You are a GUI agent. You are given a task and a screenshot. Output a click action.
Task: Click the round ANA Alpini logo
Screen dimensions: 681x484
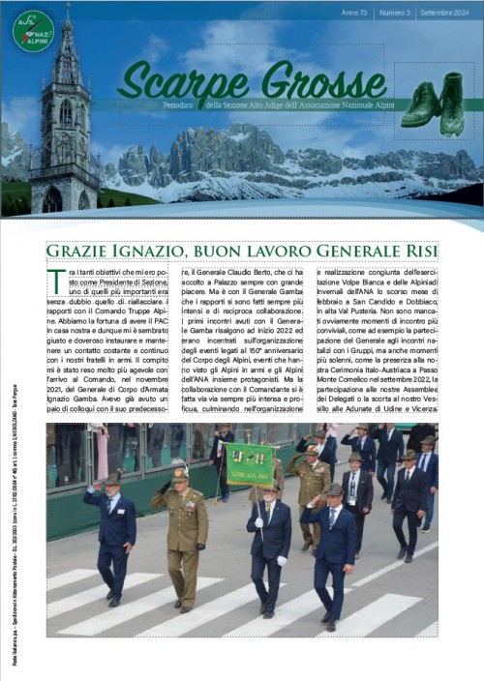34,31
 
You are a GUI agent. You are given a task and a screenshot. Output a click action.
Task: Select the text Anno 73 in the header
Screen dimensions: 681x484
357,13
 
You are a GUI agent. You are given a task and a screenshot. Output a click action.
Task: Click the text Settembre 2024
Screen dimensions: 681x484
445,13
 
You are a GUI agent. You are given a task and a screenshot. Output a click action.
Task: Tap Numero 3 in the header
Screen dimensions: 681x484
395,13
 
